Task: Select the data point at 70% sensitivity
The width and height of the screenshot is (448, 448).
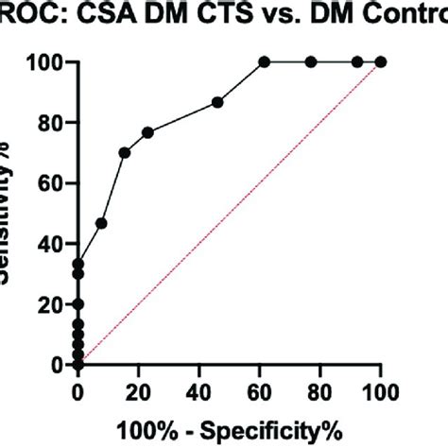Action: pos(125,152)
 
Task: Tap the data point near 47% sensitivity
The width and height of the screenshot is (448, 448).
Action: pos(101,223)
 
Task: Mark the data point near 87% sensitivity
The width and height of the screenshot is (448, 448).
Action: pos(217,102)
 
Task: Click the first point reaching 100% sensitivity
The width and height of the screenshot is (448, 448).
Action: pos(264,62)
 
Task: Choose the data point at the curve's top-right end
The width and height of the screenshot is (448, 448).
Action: pos(381,62)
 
